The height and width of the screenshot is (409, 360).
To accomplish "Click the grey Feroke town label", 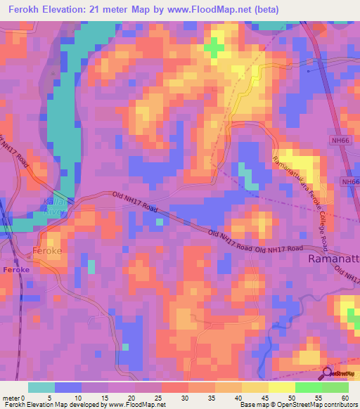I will pos(48,250).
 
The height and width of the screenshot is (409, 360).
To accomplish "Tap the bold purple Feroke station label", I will pos(15,270).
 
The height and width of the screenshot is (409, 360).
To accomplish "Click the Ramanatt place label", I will pos(334,260).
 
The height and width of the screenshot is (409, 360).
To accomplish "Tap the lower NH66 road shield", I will pos(349,181).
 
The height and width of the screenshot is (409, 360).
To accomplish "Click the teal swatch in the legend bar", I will pos(41,387).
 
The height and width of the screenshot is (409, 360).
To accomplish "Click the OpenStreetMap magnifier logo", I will pos(328,373).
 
